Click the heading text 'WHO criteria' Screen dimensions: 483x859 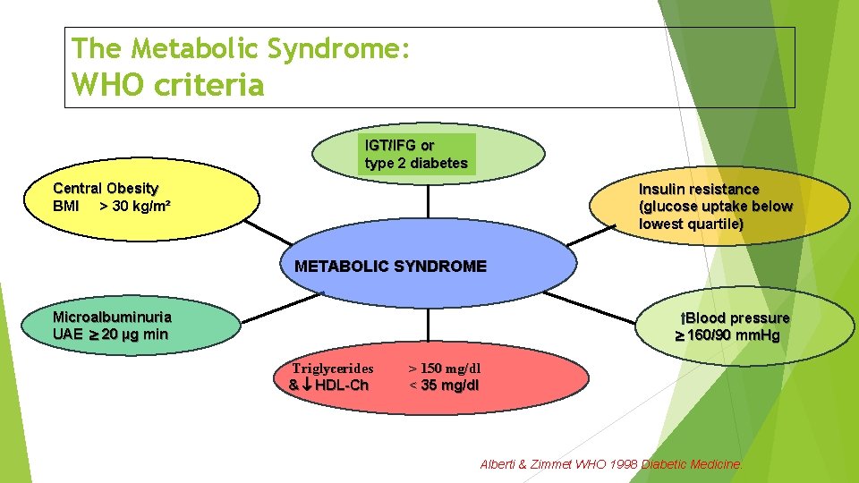(x=168, y=85)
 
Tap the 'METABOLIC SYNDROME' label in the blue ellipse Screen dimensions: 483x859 (x=390, y=267)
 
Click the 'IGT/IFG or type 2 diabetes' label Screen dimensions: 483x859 (x=416, y=154)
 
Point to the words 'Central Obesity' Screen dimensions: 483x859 (x=106, y=189)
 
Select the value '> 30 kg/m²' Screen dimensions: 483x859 (x=135, y=207)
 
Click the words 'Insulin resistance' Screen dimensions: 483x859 (x=699, y=190)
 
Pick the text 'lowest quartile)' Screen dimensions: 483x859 (x=691, y=225)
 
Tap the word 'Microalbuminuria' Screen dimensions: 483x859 (x=112, y=317)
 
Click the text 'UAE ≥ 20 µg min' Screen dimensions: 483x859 (x=110, y=335)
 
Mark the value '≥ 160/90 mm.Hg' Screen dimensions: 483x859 (x=727, y=336)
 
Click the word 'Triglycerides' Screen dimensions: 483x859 (x=333, y=368)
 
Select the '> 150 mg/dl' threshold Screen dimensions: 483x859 (x=445, y=368)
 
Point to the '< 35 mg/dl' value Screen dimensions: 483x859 (x=444, y=386)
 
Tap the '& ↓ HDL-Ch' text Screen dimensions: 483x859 (x=328, y=386)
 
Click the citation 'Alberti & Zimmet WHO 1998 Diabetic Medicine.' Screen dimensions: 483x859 (x=612, y=464)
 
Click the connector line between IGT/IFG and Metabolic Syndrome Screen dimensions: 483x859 (x=429, y=200)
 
